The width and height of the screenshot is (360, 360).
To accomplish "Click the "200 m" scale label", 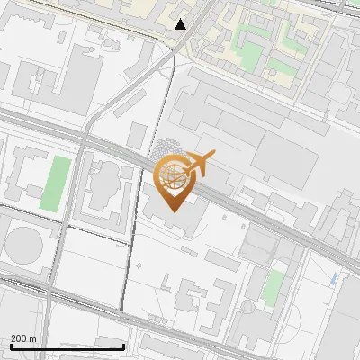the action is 24,338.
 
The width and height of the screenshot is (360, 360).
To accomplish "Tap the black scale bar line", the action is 67,346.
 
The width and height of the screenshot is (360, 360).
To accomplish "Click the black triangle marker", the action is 181,24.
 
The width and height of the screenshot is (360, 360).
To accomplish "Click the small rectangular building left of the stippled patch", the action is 138,136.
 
